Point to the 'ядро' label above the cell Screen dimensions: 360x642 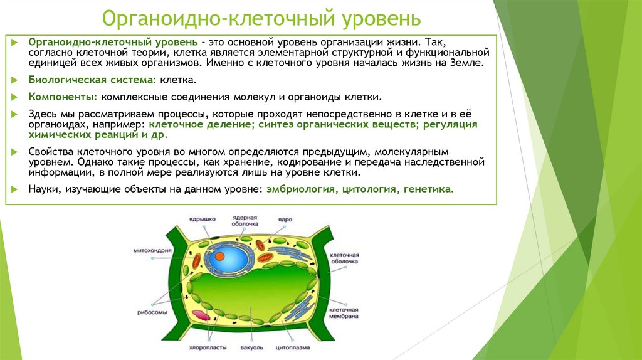coord(285,220)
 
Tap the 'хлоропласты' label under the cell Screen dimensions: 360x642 coord(204,346)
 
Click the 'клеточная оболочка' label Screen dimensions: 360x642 coord(344,258)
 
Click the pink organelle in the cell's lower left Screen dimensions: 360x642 coord(202,315)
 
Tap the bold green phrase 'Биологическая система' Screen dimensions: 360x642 coord(92,80)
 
